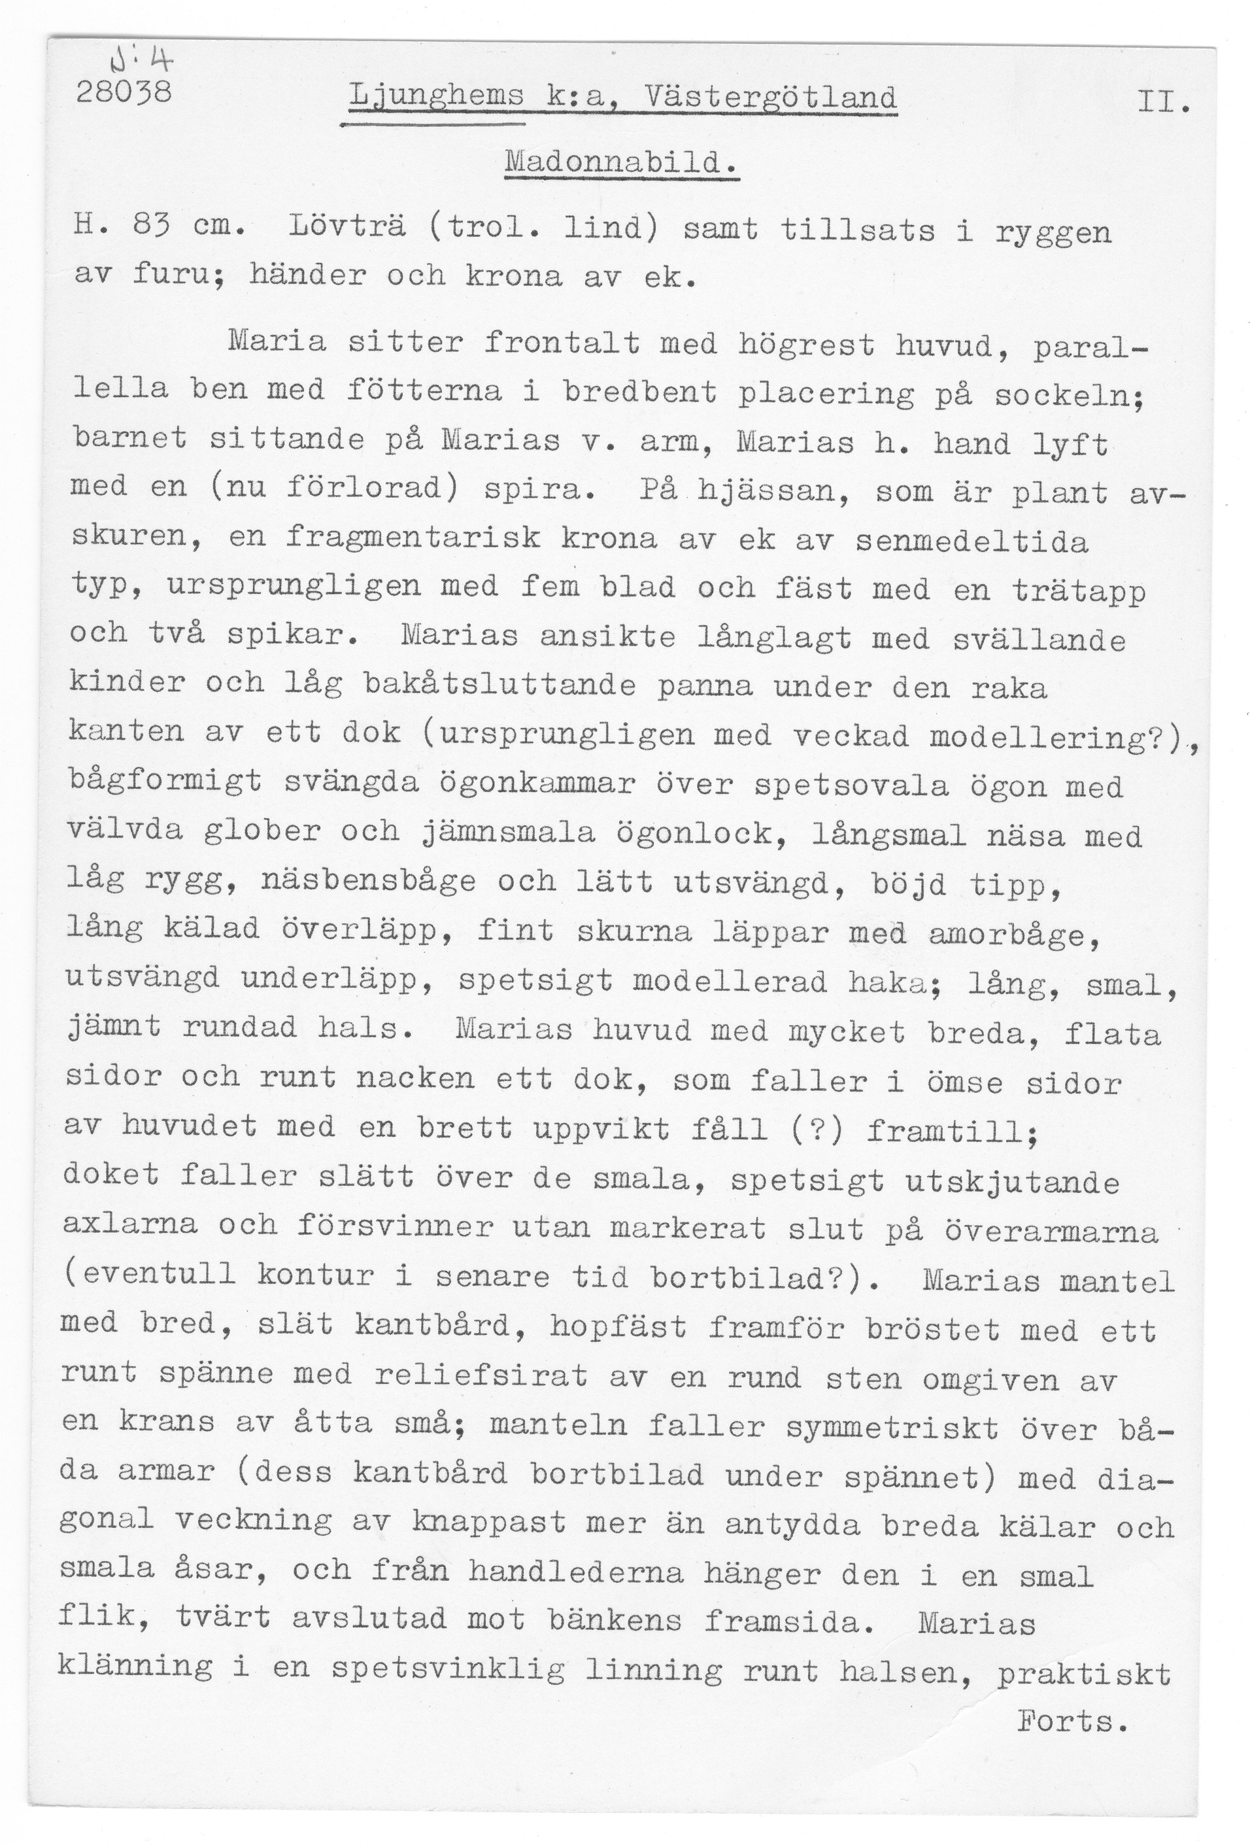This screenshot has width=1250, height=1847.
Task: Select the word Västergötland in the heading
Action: point(771,99)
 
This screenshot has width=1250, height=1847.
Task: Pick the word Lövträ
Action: point(348,230)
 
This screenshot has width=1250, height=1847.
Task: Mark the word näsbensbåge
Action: point(367,883)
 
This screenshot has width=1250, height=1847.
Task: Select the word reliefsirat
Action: point(481,1375)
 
